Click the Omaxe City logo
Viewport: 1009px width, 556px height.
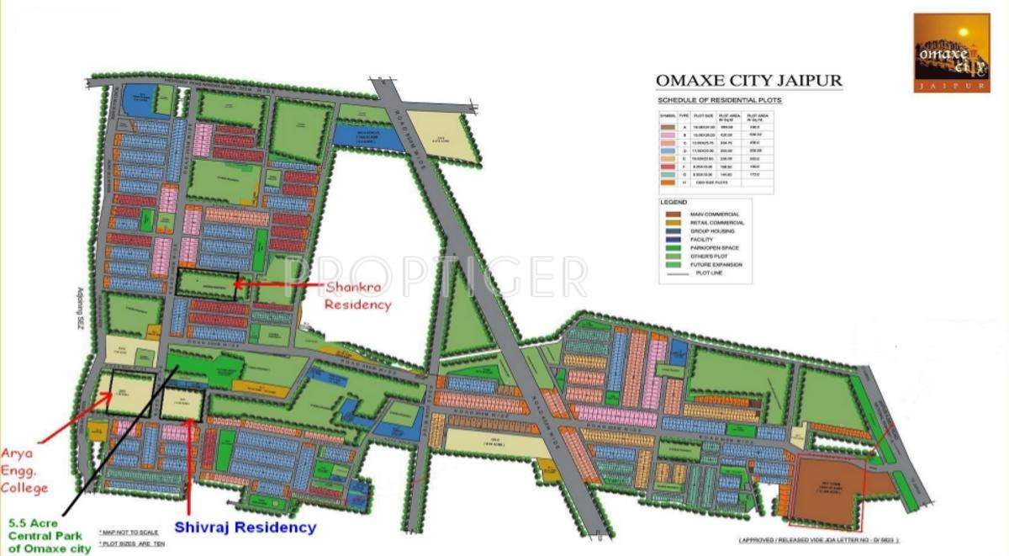click(951, 52)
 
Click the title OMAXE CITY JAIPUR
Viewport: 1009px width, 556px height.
click(748, 82)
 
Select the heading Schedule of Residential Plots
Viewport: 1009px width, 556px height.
click(719, 101)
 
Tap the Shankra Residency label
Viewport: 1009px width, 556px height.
click(358, 295)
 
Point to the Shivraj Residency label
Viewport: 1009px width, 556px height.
click(246, 527)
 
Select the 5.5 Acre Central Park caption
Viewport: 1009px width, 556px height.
click(49, 534)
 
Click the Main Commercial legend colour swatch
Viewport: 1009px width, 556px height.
click(670, 214)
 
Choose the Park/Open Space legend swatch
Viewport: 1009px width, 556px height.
click(670, 248)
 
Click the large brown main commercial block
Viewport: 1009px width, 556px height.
click(828, 487)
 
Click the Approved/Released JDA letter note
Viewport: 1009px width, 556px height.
click(818, 539)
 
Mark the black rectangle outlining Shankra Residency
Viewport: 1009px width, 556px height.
click(207, 284)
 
